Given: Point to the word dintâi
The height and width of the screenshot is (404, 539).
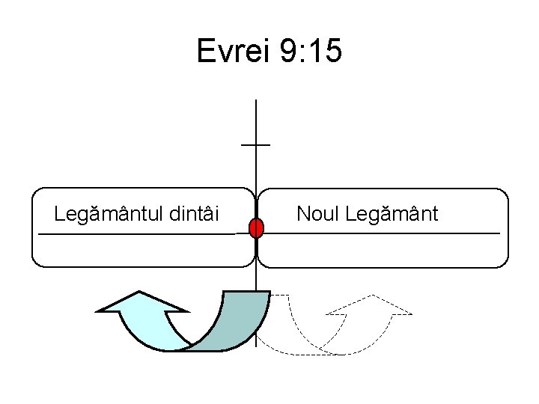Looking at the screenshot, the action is coord(195,214).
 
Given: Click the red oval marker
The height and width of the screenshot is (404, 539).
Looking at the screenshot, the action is coord(256,228).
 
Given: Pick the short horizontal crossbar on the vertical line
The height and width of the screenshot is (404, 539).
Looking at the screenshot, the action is coord(256,144).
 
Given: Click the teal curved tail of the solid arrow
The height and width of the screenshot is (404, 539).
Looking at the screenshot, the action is coord(232,329).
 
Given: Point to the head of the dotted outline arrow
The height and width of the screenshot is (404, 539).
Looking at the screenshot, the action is coord(371,305).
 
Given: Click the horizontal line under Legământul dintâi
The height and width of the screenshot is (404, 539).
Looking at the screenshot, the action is coord(135,235).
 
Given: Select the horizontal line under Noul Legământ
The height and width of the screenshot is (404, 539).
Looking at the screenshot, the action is coord(382,234).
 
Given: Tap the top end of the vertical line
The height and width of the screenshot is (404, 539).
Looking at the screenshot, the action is coord(256,102).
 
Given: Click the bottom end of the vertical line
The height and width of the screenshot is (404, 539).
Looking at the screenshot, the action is coord(256,345).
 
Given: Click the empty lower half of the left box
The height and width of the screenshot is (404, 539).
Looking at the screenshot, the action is coord(142,251).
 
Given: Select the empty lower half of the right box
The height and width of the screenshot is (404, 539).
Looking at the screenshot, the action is coord(382,251).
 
